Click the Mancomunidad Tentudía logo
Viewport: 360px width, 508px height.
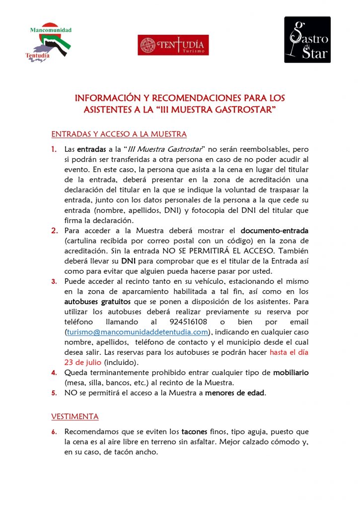(x=48, y=43)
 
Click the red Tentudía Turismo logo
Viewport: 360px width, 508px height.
(x=173, y=45)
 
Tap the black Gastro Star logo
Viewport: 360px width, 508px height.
(x=307, y=40)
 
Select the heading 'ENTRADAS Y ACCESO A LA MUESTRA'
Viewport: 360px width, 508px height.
(x=119, y=134)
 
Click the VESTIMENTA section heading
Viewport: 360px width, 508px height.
(x=75, y=416)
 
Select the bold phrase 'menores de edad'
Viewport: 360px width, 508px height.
(x=235, y=393)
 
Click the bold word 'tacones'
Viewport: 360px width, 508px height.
(x=198, y=432)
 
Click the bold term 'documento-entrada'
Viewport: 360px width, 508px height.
(x=274, y=231)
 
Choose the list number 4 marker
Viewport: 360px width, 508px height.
(x=55, y=373)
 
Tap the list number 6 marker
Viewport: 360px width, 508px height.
(x=55, y=432)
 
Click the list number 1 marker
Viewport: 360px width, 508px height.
(x=55, y=149)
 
